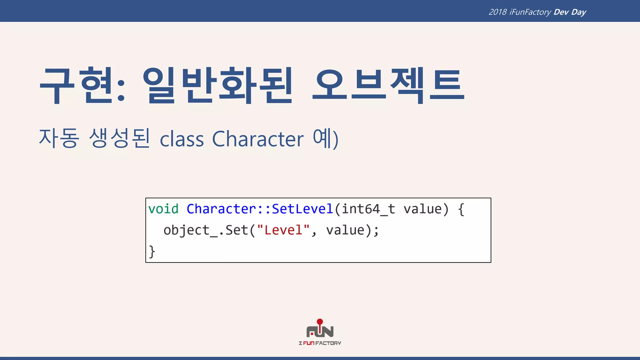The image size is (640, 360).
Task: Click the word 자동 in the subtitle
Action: click(x=59, y=138)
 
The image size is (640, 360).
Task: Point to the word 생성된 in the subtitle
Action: click(x=119, y=138)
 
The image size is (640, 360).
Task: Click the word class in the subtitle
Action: click(x=182, y=139)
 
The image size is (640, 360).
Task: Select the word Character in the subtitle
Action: click(x=258, y=139)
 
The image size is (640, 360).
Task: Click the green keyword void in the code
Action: click(x=163, y=209)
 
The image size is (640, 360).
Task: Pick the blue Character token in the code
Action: click(x=221, y=209)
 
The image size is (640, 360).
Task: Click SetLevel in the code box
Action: click(x=302, y=209)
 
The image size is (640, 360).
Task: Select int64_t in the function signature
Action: click(x=368, y=209)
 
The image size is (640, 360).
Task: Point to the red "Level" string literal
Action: click(x=283, y=230)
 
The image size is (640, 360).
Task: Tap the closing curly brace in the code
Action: click(x=152, y=252)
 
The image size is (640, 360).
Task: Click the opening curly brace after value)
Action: click(x=461, y=209)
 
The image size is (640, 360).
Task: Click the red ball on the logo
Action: click(x=320, y=322)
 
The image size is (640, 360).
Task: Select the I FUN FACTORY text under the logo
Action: click(x=320, y=343)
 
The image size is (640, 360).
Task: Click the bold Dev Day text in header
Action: click(x=570, y=12)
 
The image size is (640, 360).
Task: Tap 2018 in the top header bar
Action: click(x=497, y=12)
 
